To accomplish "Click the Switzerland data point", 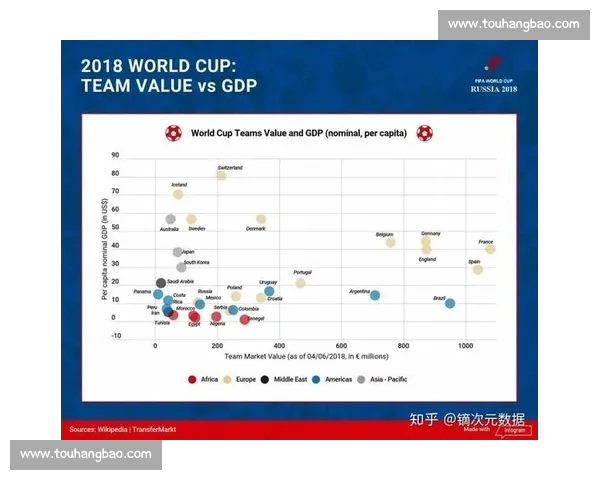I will pyautogui.click(x=221, y=175).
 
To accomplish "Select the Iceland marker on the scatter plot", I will pyautogui.click(x=178, y=193).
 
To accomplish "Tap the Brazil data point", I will pyautogui.click(x=450, y=303).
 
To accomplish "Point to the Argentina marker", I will pyautogui.click(x=375, y=295).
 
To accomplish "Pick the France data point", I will pyautogui.click(x=490, y=249).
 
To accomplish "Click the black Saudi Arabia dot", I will pyautogui.click(x=161, y=283).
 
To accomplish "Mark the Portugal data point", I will pyautogui.click(x=300, y=283).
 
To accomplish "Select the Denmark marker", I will pyautogui.click(x=261, y=219).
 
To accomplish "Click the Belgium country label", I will pyautogui.click(x=384, y=234).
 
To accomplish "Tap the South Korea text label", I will pyautogui.click(x=196, y=262).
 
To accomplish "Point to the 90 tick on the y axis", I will pyautogui.click(x=115, y=155).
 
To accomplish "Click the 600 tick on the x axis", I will pyautogui.click(x=342, y=345).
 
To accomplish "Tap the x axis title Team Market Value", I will pyautogui.click(x=306, y=356).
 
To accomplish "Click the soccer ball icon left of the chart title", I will pyautogui.click(x=173, y=131).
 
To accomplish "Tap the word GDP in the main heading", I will pyautogui.click(x=238, y=85).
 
